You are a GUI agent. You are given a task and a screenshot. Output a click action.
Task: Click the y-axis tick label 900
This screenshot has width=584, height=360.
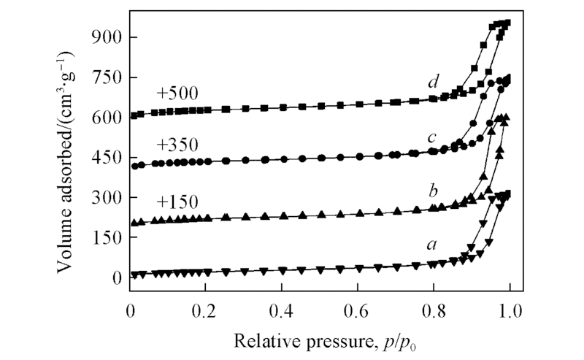[x=106, y=37]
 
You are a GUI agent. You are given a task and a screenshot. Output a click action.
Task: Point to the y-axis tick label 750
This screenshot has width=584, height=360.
[x=106, y=77]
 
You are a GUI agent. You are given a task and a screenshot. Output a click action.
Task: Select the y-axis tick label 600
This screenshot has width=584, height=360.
[x=106, y=118]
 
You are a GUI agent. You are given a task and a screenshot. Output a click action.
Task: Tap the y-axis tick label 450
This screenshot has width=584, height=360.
[x=106, y=158]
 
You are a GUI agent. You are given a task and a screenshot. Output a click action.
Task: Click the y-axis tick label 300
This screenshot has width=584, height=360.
[x=106, y=198]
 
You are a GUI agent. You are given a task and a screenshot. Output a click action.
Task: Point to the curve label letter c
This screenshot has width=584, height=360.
[x=432, y=137]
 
